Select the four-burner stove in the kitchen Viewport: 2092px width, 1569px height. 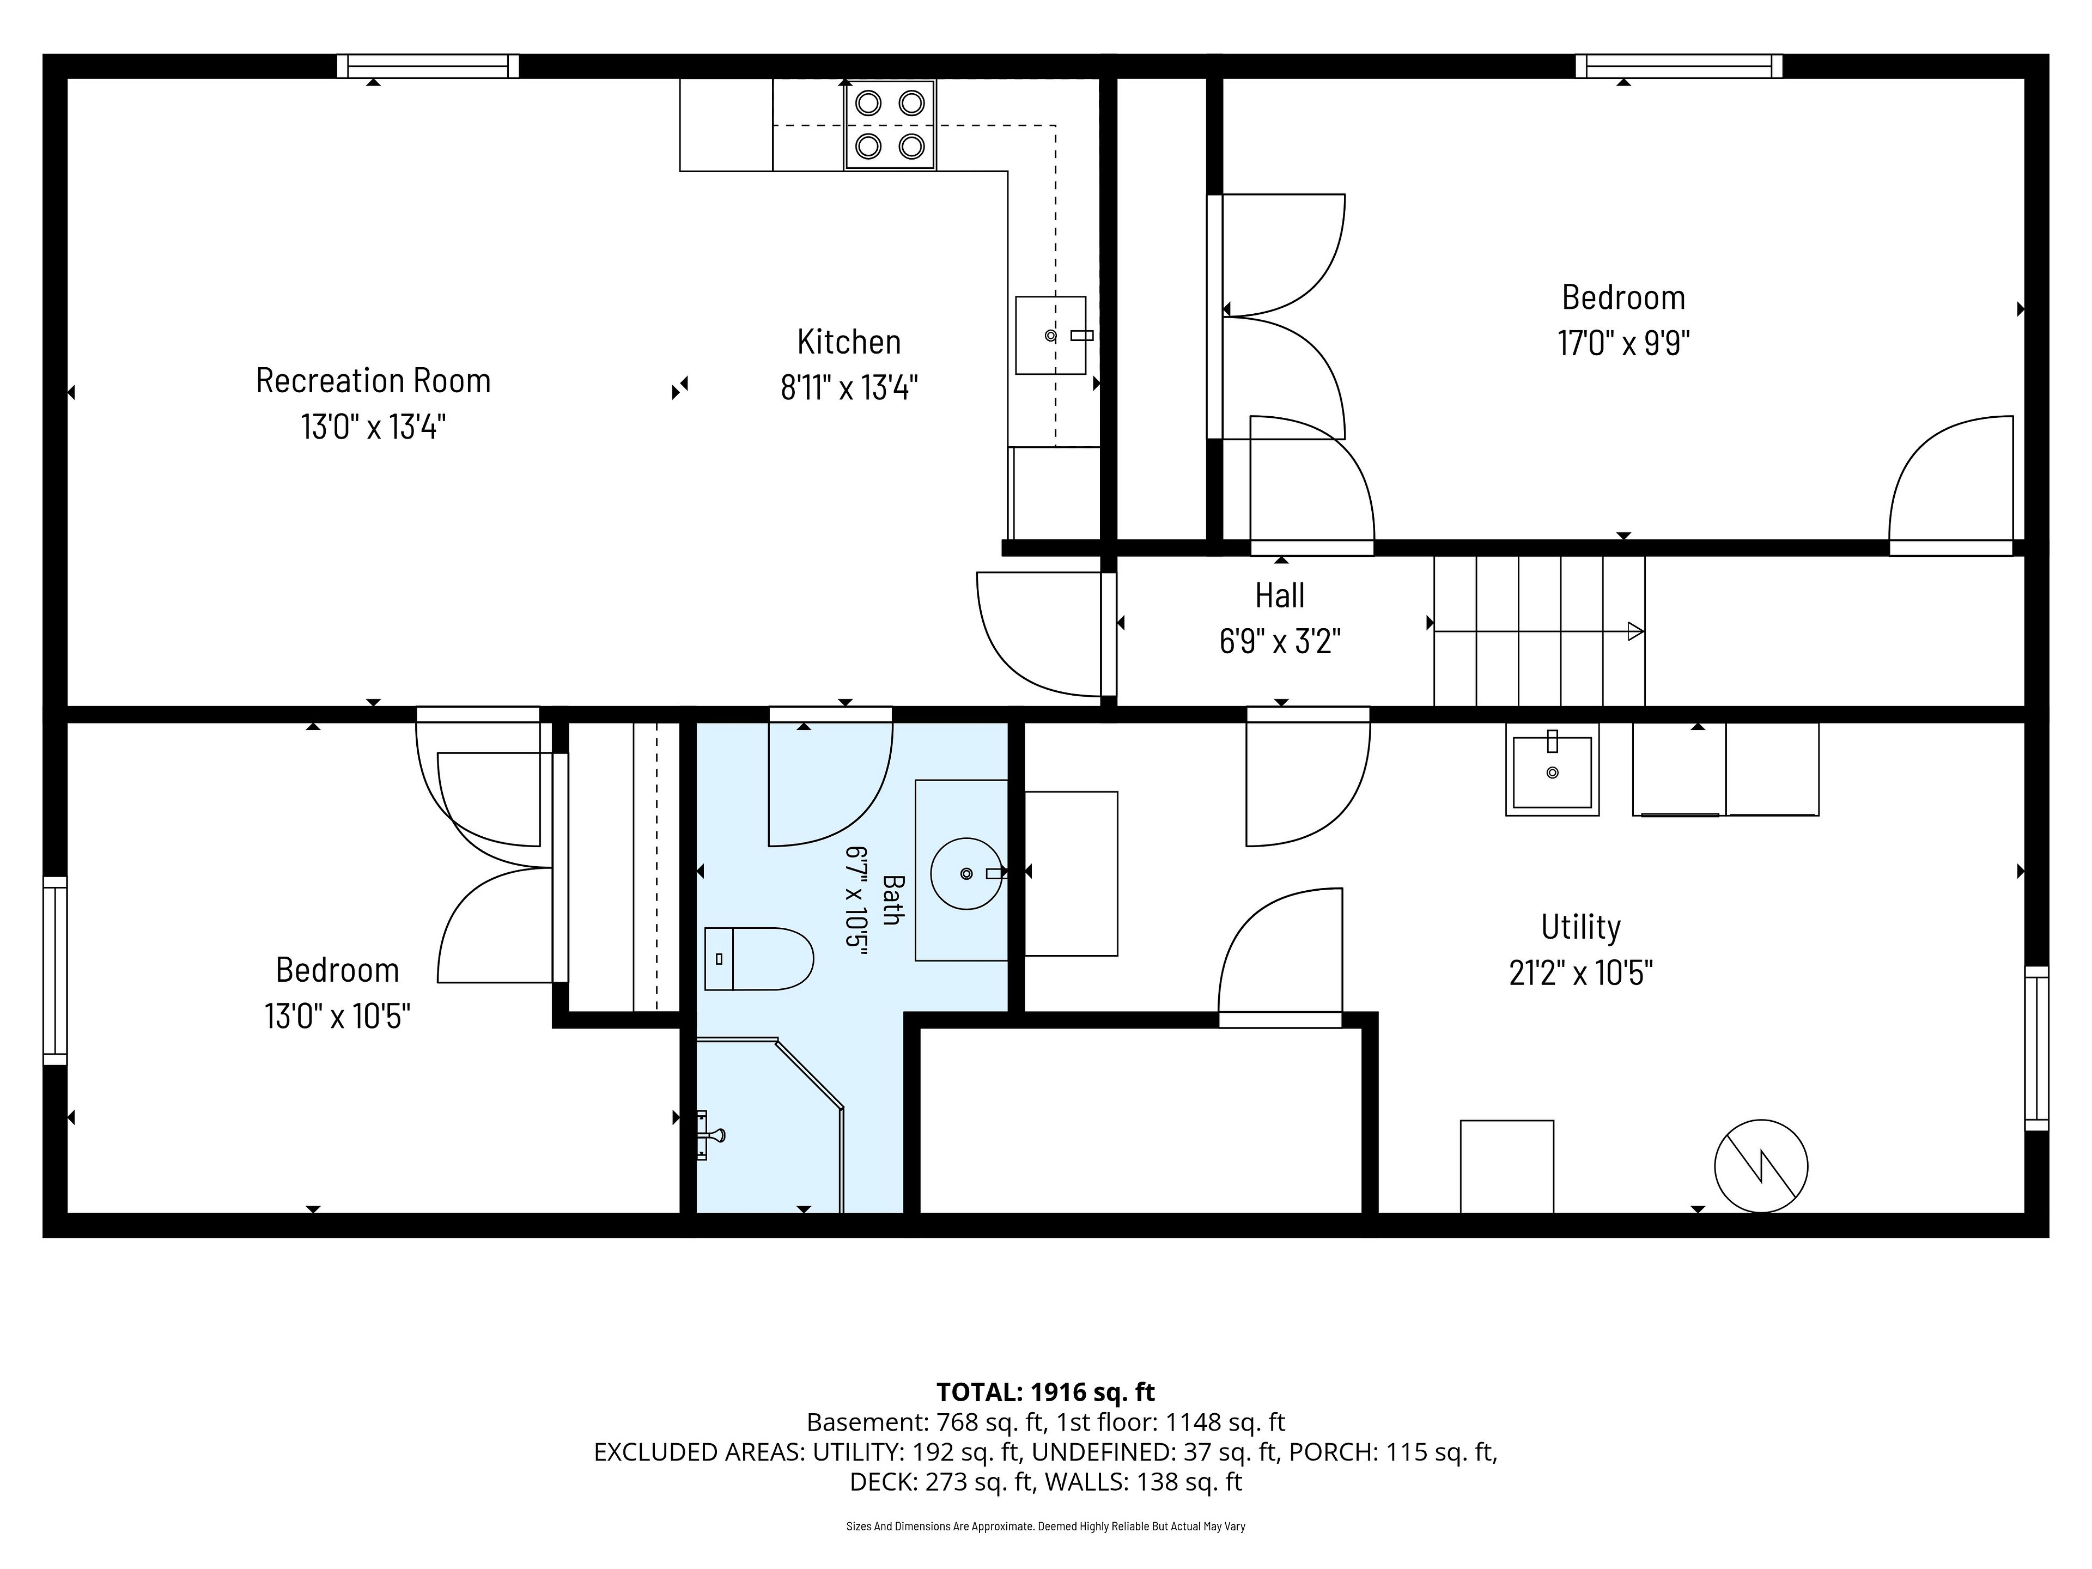890,125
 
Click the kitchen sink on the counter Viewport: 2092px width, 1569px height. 1051,335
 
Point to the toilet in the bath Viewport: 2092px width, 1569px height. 758,958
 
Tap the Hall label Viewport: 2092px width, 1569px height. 1280,596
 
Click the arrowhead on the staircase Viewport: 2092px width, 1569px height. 1635,631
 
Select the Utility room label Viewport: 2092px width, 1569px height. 1580,927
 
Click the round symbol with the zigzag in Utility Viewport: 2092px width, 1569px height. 1761,1166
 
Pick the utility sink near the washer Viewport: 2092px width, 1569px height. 1552,769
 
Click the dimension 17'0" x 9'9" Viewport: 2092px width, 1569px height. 1623,342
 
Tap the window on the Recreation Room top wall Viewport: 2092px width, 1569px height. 428,66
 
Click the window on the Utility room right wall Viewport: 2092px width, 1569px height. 2036,1048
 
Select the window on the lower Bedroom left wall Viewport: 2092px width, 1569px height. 55,970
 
